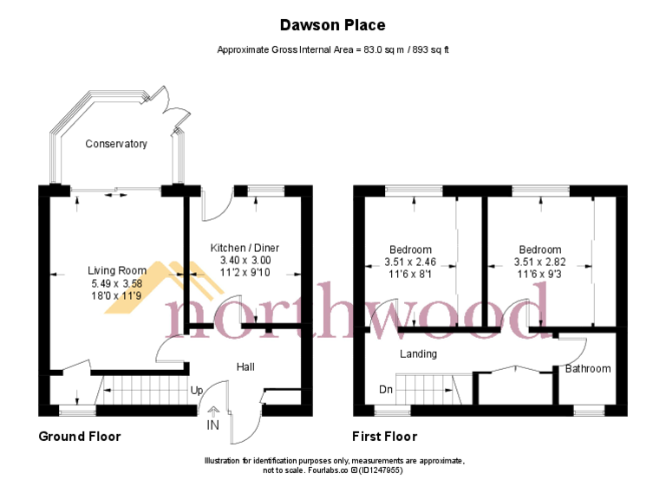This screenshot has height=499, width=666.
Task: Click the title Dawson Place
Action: (333, 25)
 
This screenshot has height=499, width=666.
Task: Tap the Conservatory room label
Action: (116, 144)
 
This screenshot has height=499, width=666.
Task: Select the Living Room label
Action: (117, 270)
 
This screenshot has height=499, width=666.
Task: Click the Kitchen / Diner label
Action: (245, 248)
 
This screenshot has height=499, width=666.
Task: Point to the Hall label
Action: (245, 367)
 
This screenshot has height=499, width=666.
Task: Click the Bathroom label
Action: (588, 369)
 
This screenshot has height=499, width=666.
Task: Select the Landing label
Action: (418, 354)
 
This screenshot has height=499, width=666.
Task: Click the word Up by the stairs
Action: (197, 390)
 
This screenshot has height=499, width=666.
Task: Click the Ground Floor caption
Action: (80, 437)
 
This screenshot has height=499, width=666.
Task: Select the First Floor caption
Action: (384, 437)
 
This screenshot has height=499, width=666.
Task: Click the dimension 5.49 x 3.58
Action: (117, 282)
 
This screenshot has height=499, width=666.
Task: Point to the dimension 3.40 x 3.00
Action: (245, 260)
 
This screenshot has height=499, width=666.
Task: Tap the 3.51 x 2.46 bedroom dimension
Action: (413, 262)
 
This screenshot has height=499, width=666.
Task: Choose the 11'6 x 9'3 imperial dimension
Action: (539, 274)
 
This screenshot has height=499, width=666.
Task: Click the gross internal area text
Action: (333, 50)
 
